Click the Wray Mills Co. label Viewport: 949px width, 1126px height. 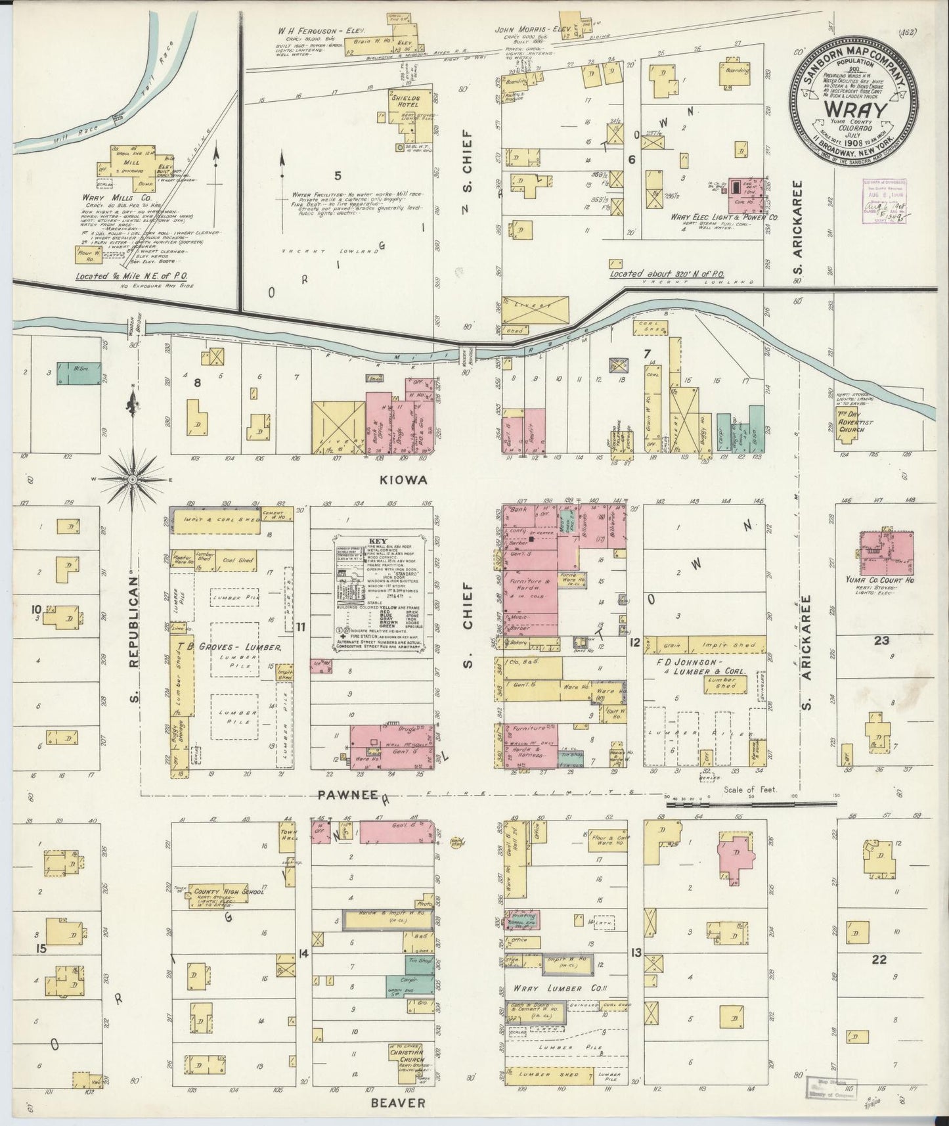click(108, 197)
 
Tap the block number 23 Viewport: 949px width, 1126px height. click(881, 641)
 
